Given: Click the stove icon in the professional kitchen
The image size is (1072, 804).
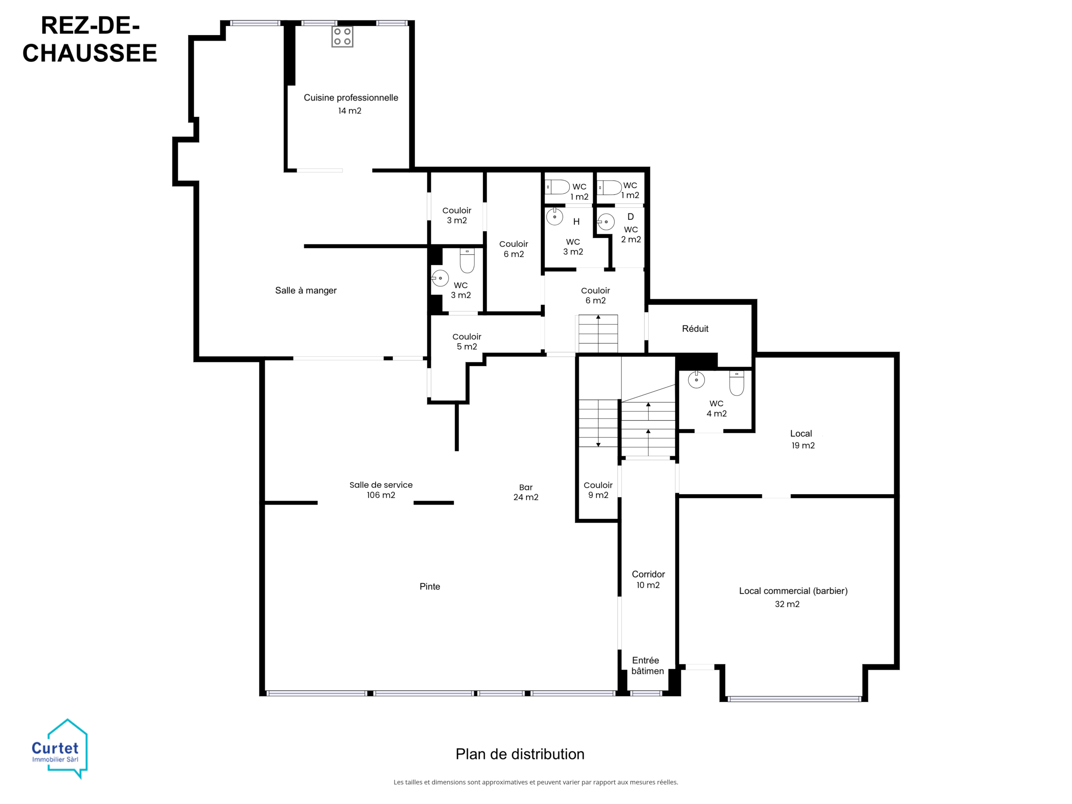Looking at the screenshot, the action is (342, 36).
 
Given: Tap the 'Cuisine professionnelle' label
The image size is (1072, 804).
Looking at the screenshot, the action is (351, 98).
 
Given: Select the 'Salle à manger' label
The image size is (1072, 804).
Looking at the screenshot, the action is (306, 290).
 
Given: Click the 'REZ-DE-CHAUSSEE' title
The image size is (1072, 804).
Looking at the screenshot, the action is (90, 39).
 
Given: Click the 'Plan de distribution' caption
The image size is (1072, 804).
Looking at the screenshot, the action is (520, 754).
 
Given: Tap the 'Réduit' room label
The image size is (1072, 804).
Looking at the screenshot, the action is (695, 329).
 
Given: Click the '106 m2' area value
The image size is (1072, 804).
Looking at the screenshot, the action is (381, 495).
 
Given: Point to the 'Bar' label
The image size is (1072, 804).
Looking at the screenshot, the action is (526, 487).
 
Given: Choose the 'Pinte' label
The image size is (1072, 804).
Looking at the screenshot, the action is (430, 586).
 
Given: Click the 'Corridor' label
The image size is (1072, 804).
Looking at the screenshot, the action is (648, 574).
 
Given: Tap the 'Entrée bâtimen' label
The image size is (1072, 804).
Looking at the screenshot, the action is (647, 665).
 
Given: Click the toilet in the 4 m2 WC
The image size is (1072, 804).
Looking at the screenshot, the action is (737, 383).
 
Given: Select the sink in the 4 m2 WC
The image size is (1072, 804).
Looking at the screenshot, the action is (696, 379).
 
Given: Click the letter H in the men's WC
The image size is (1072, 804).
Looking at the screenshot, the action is (576, 222).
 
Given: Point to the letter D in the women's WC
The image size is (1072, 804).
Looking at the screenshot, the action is (631, 216).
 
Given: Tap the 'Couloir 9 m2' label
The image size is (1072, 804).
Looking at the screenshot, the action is (598, 490).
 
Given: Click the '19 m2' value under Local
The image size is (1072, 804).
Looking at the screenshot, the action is (803, 446).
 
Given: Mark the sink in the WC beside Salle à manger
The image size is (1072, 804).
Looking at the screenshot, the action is (440, 278).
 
